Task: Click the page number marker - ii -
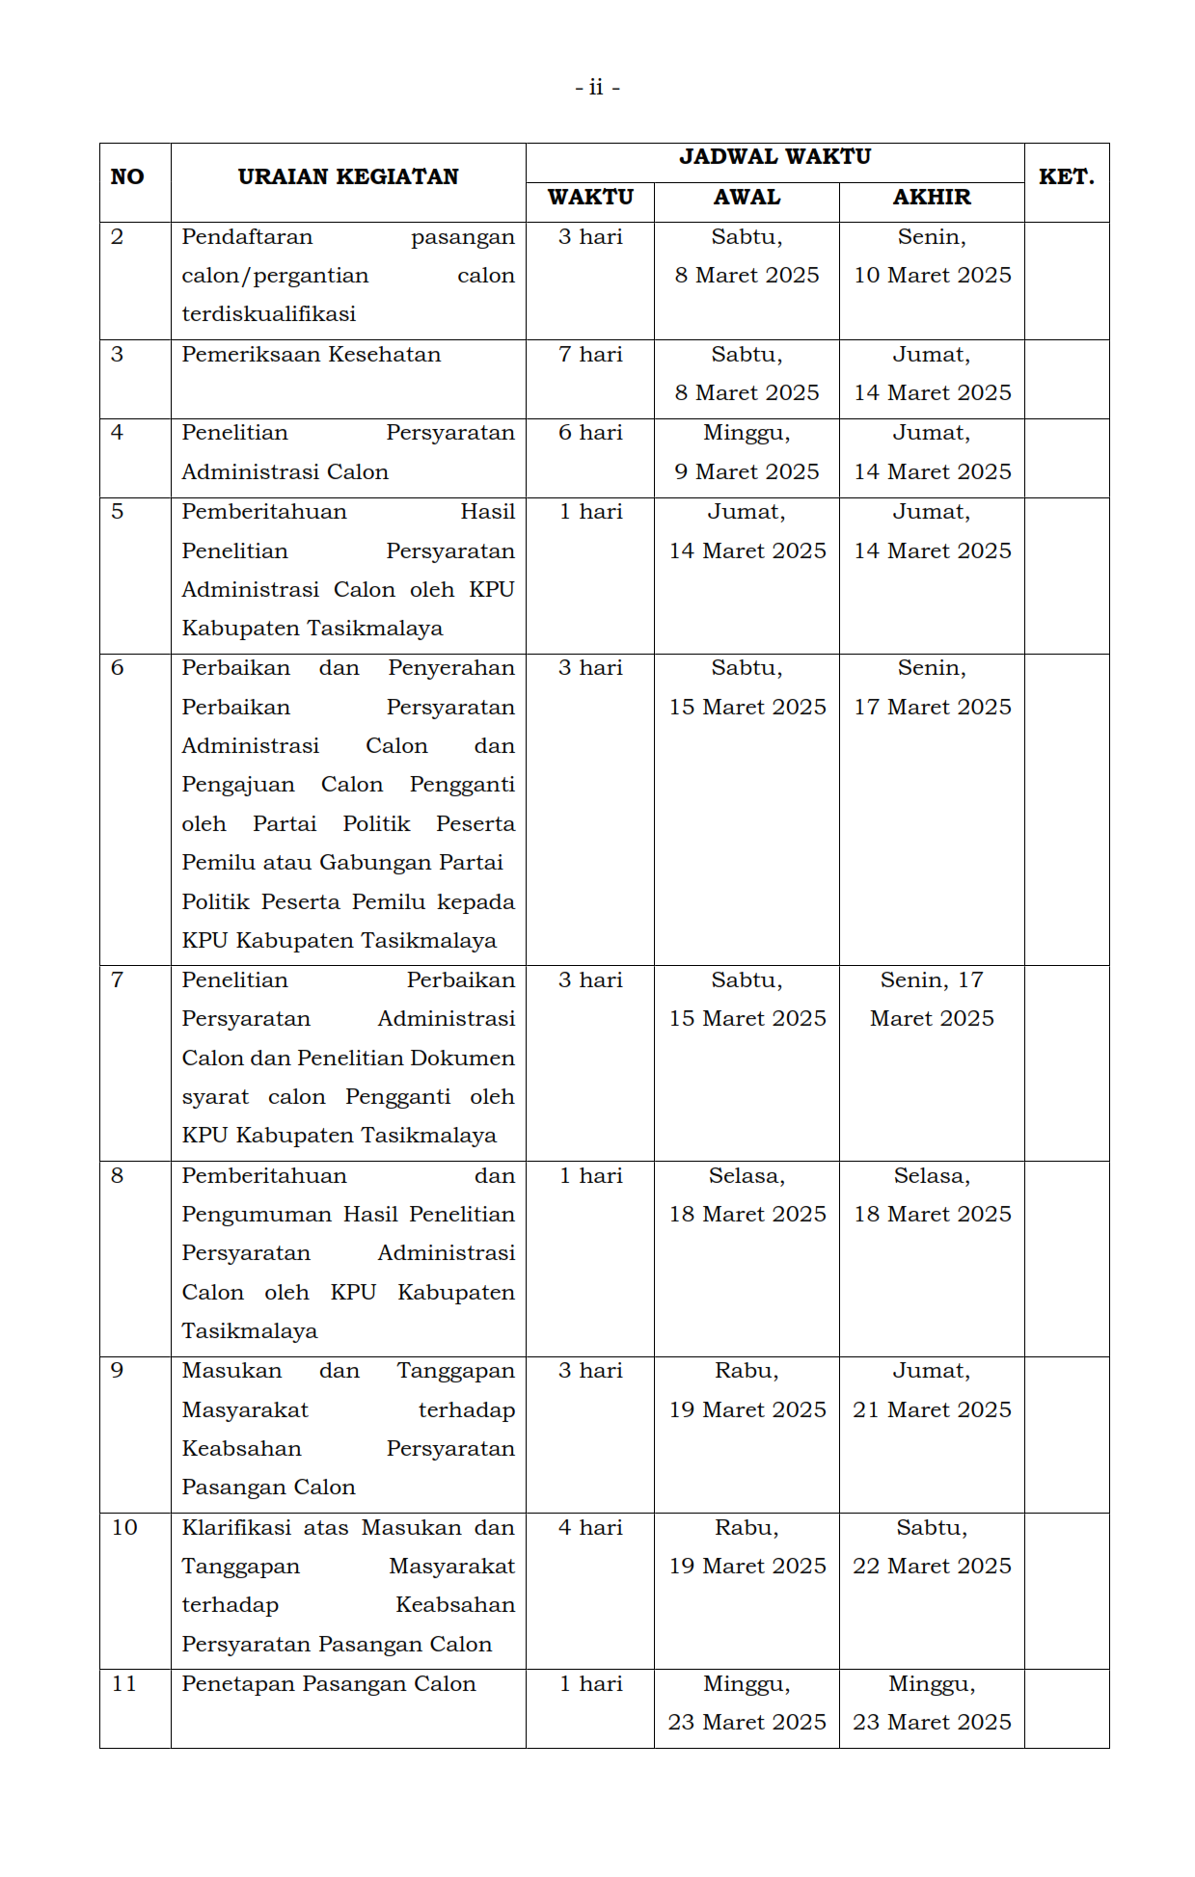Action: tap(597, 88)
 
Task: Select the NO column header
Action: tap(127, 177)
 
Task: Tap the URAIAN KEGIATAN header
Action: tap(348, 177)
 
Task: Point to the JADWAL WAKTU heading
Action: tap(774, 157)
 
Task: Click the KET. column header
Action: tap(1066, 177)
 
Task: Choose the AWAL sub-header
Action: tap(747, 198)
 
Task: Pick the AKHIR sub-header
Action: tap(931, 198)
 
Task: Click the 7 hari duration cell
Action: tap(590, 355)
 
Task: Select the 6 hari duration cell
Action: tap(590, 433)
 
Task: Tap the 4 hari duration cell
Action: tap(590, 1528)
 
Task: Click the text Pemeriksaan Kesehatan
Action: tap(311, 355)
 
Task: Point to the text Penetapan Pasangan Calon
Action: tap(329, 1684)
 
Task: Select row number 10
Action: tap(124, 1528)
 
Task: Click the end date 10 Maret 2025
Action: tap(932, 276)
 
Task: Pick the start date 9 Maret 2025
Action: tap(747, 472)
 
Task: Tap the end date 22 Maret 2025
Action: tap(932, 1567)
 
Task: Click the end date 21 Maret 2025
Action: tap(932, 1410)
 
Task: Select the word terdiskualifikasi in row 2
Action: tap(269, 314)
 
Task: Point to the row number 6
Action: tap(118, 668)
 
